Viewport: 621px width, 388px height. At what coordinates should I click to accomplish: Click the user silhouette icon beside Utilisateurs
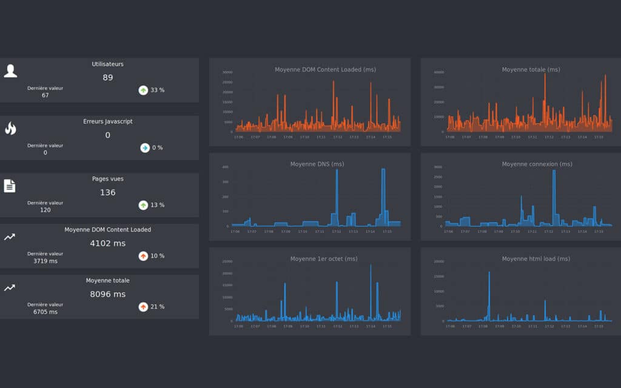tap(10, 71)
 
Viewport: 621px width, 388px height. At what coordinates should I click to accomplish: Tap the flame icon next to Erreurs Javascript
tap(10, 128)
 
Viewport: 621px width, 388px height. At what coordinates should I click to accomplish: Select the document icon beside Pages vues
tap(10, 186)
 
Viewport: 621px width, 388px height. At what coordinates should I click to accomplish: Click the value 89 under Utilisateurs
tap(108, 78)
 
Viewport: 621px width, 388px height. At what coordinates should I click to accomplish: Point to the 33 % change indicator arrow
tap(143, 90)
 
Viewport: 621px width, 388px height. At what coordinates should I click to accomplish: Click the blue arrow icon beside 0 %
tap(144, 147)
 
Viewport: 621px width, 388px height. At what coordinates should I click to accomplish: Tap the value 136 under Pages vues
tap(108, 193)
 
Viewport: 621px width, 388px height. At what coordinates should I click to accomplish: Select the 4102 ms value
tap(108, 243)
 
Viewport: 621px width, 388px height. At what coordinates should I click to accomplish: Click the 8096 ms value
tap(108, 294)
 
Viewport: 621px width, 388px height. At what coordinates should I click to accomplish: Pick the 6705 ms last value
tap(45, 312)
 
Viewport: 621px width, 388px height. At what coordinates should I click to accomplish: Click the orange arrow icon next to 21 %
tap(143, 307)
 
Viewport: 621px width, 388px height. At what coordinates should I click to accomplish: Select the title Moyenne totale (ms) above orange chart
tap(531, 70)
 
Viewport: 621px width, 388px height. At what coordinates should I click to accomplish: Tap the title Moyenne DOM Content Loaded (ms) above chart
tap(325, 70)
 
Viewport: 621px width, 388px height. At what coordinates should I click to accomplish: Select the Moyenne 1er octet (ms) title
tap(324, 259)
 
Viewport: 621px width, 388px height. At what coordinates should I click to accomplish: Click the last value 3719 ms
tap(45, 261)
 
